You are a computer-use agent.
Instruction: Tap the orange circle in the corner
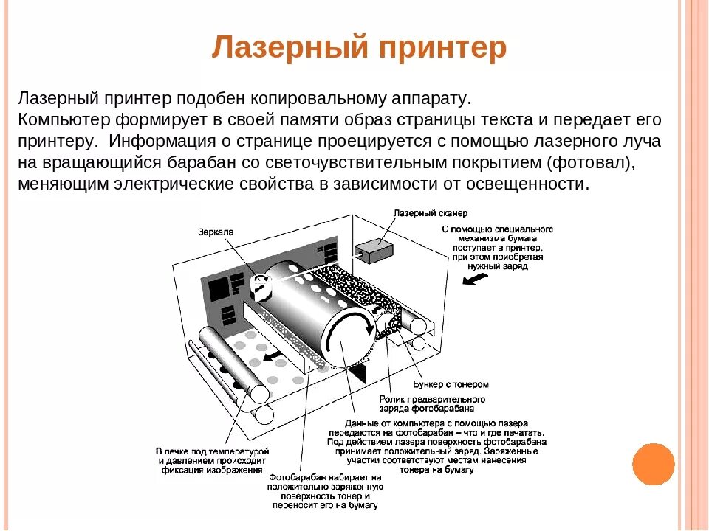(x=654, y=464)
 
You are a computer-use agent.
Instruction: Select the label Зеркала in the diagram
(x=216, y=232)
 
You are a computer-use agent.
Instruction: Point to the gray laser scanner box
(x=378, y=251)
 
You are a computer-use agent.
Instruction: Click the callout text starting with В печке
(x=212, y=459)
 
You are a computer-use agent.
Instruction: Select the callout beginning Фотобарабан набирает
(x=325, y=491)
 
